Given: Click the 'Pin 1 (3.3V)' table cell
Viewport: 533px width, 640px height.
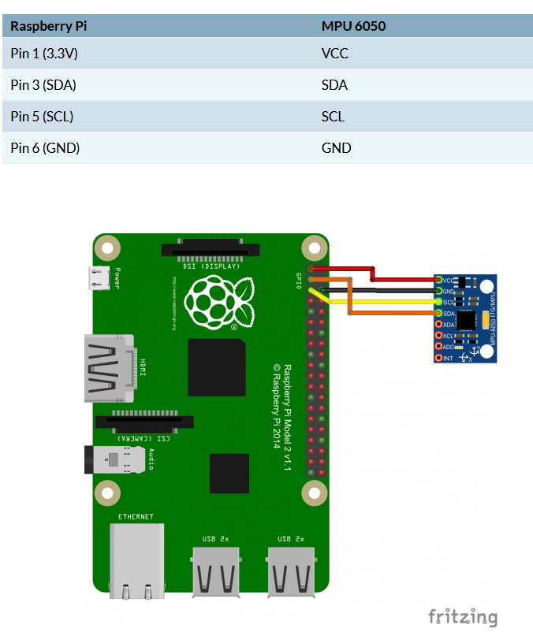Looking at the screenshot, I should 45,54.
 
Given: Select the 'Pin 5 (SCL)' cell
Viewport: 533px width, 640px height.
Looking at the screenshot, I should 43,117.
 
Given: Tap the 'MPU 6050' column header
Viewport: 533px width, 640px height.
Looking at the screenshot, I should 353,26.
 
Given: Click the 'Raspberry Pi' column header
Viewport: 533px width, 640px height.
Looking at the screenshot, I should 48,26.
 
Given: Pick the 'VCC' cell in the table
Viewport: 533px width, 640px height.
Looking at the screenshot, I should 335,54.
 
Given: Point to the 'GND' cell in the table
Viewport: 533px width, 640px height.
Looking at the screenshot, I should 336,148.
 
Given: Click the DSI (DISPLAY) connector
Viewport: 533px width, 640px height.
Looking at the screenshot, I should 211,249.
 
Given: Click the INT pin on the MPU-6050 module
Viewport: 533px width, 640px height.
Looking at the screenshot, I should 439,359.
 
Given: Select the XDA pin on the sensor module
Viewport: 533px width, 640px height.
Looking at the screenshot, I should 439,325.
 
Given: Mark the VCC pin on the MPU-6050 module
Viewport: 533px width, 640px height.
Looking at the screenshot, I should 439,280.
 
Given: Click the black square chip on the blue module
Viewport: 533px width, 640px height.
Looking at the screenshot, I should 466,319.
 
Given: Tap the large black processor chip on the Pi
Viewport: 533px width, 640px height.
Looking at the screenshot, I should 216,367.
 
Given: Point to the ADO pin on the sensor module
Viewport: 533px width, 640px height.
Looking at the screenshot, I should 439,347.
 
